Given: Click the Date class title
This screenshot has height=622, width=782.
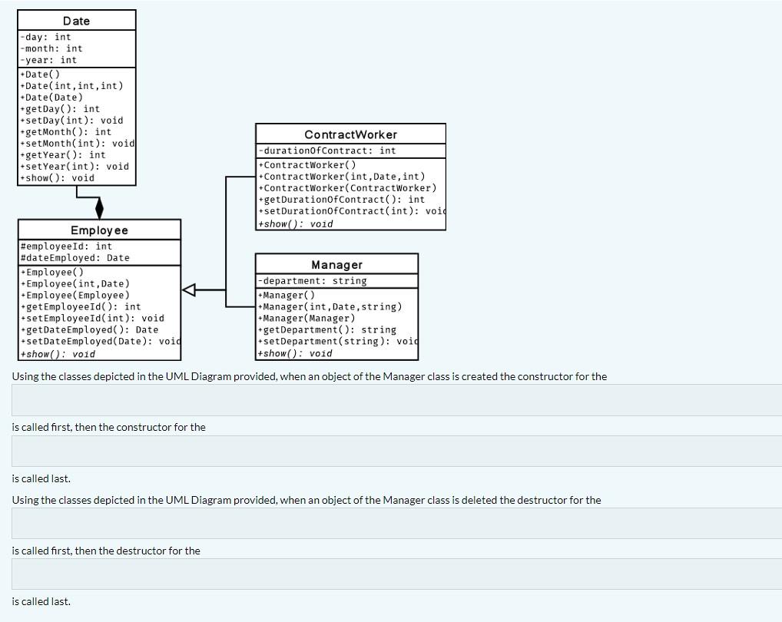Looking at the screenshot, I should tap(76, 21).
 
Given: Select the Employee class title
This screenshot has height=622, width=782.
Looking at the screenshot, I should tap(99, 230).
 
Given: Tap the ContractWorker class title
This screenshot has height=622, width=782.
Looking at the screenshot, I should tap(350, 134).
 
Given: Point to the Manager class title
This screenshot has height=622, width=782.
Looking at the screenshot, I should tap(336, 265).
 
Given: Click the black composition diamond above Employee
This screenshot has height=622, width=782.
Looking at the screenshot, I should tap(99, 208).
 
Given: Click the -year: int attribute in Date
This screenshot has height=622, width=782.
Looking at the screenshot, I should tap(48, 60).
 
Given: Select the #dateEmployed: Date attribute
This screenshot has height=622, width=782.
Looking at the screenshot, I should tap(75, 258).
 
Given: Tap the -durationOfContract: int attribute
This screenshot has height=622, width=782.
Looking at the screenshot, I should tap(328, 151).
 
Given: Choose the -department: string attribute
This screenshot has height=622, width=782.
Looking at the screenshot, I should tap(313, 281).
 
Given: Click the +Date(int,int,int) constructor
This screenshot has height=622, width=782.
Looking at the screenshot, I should tap(71, 86).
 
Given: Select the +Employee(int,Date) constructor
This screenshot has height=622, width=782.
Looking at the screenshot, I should tap(75, 283).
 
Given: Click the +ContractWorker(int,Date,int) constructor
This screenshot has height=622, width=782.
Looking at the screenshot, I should tap(343, 177).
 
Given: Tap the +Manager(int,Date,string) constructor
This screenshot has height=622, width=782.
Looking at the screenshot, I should tap(330, 306).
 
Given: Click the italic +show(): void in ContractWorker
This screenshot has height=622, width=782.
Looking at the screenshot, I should tap(297, 224).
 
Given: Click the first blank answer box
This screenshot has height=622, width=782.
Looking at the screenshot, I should tap(396, 400).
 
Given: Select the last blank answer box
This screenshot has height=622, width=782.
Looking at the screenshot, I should tap(396, 574).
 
